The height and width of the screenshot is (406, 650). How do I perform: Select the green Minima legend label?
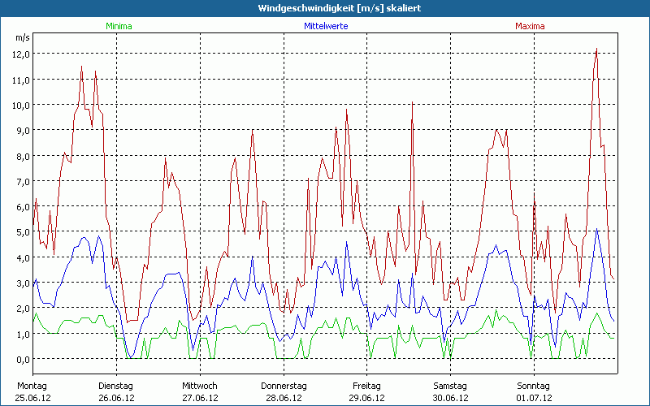point(118,26)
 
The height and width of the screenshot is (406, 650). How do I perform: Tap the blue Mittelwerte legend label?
point(324,26)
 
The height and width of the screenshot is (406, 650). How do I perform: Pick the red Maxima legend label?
point(530,26)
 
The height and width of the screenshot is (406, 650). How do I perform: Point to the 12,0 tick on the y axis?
point(20,54)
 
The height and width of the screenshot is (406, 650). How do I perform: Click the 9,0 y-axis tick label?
point(20,130)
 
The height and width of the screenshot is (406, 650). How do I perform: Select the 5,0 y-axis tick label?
point(20,232)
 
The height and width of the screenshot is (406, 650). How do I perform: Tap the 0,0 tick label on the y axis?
point(20,359)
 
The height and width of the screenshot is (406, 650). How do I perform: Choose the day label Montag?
point(32,386)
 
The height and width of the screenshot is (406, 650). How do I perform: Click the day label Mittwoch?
point(200,386)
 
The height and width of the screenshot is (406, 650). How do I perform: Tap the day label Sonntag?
point(534,386)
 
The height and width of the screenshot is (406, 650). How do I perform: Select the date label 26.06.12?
point(116,398)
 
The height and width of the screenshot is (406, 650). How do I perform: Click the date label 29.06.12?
point(367,398)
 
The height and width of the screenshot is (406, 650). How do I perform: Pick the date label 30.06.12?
point(451,398)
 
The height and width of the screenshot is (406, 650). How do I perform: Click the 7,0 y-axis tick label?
point(20,181)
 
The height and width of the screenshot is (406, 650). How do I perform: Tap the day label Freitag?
point(367,386)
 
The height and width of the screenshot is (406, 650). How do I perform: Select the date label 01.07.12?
point(534,398)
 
